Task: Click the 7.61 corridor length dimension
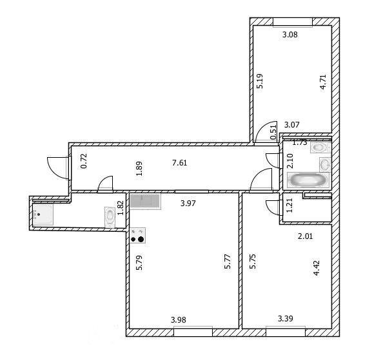pyautogui.click(x=180, y=163)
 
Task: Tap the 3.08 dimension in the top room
pyautogui.click(x=290, y=35)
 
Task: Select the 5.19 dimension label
pyautogui.click(x=260, y=81)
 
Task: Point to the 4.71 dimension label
pyautogui.click(x=323, y=82)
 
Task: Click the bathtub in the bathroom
pyautogui.click(x=308, y=180)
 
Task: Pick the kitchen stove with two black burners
pyautogui.click(x=137, y=235)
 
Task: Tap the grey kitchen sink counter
pyautogui.click(x=145, y=202)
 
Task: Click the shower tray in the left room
pyautogui.click(x=43, y=214)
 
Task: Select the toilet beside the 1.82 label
pyautogui.click(x=110, y=217)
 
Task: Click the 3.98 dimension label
pyautogui.click(x=179, y=320)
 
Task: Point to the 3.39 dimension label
pyautogui.click(x=286, y=319)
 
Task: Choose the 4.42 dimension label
pyautogui.click(x=317, y=268)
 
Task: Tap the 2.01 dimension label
pyautogui.click(x=305, y=236)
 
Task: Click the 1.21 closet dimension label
pyautogui.click(x=289, y=205)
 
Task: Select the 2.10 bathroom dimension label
pyautogui.click(x=290, y=161)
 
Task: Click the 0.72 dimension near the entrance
pyautogui.click(x=84, y=161)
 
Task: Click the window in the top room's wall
pyautogui.click(x=293, y=22)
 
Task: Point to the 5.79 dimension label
pyautogui.click(x=139, y=263)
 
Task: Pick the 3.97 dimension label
pyautogui.click(x=188, y=204)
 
